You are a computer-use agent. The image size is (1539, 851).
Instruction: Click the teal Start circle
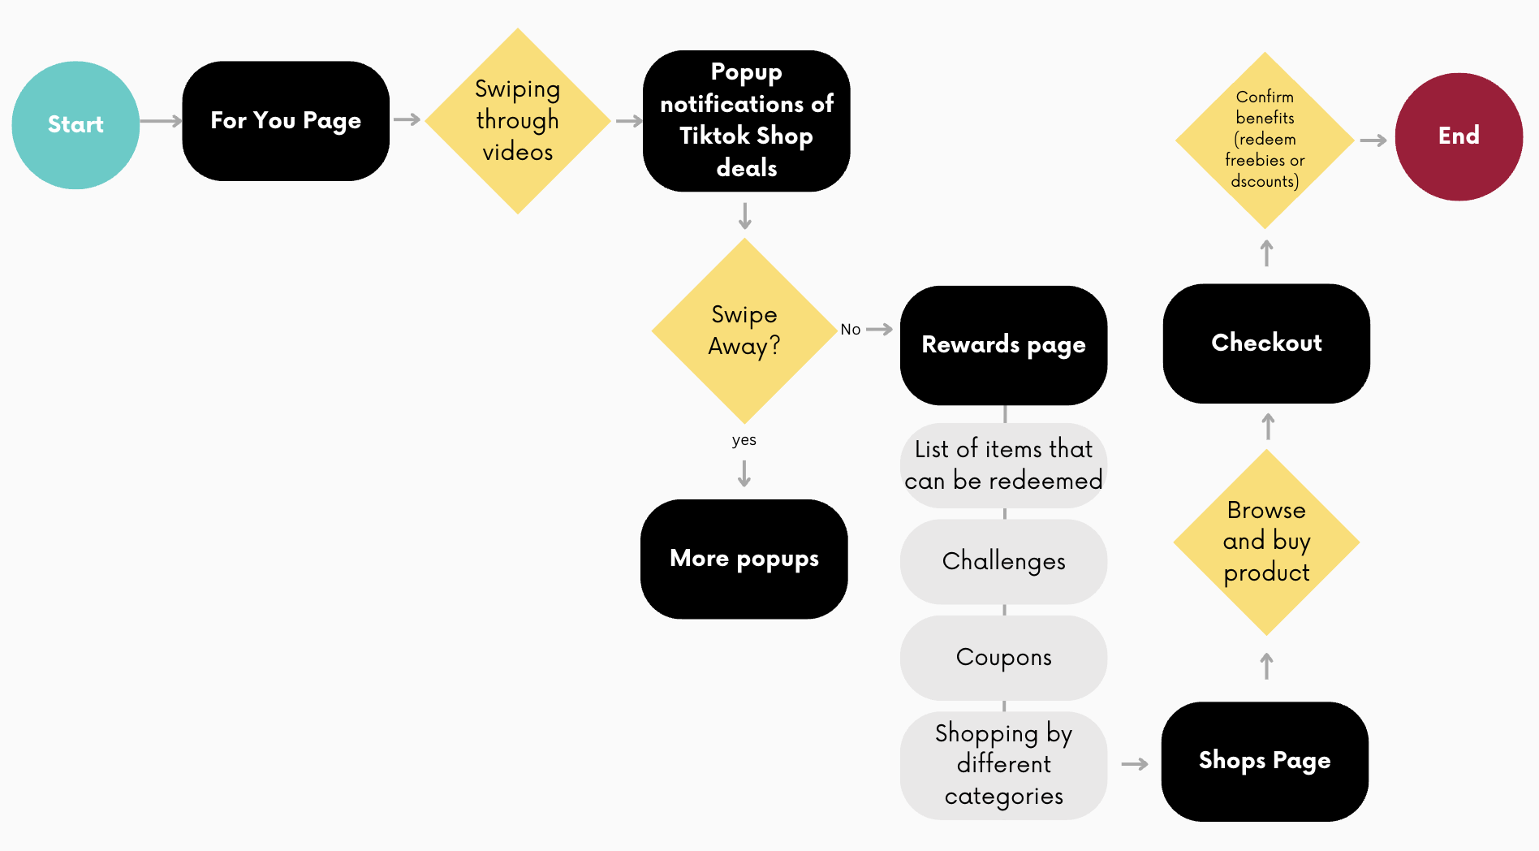[75, 124]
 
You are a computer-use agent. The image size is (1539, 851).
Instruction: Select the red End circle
[1459, 136]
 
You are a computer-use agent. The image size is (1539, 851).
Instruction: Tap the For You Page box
[286, 121]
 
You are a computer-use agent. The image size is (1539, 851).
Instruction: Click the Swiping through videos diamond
[517, 121]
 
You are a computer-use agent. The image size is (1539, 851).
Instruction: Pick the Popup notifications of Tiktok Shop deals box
[746, 121]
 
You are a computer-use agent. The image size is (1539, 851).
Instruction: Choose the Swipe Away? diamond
[744, 330]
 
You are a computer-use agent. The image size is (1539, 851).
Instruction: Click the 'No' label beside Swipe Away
[850, 330]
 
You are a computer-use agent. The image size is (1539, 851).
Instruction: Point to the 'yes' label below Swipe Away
[744, 440]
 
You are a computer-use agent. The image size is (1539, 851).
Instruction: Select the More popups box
[744, 559]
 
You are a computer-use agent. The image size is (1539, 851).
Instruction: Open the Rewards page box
[1003, 345]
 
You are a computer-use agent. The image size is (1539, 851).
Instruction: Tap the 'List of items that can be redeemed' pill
[1003, 465]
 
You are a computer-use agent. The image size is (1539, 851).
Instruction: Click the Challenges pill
[1003, 561]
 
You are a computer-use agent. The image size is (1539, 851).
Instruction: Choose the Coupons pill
[1003, 657]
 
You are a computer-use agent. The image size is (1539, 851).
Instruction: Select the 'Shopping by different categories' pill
[1003, 765]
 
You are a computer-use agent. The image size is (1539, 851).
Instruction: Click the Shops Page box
[1265, 761]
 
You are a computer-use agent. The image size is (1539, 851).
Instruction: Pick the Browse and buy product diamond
[1266, 542]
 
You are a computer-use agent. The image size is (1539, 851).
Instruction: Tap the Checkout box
[1266, 343]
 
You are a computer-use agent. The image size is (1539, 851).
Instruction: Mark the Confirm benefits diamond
[1265, 140]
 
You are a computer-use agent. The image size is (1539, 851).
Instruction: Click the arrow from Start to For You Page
[161, 122]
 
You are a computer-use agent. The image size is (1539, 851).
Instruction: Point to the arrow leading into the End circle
[1373, 140]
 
